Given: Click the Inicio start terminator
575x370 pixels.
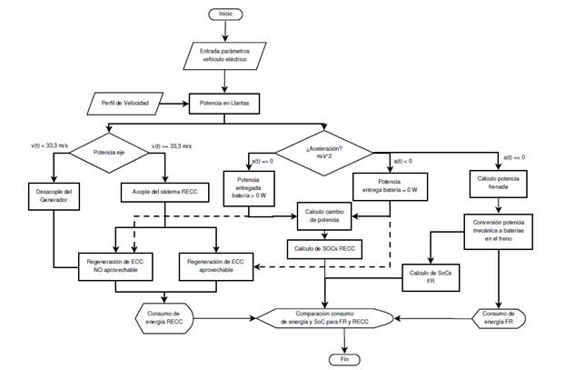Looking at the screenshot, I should (225, 14).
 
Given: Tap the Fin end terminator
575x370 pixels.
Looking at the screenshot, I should (344, 359).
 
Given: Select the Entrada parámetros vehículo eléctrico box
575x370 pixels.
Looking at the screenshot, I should (225, 55).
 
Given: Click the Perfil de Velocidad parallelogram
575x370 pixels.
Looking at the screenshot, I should (131, 104).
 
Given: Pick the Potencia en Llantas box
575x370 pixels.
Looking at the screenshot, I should (225, 104).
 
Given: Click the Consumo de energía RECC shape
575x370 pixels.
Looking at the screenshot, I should (164, 317).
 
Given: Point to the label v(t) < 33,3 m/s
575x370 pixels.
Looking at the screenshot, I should (52, 144).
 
